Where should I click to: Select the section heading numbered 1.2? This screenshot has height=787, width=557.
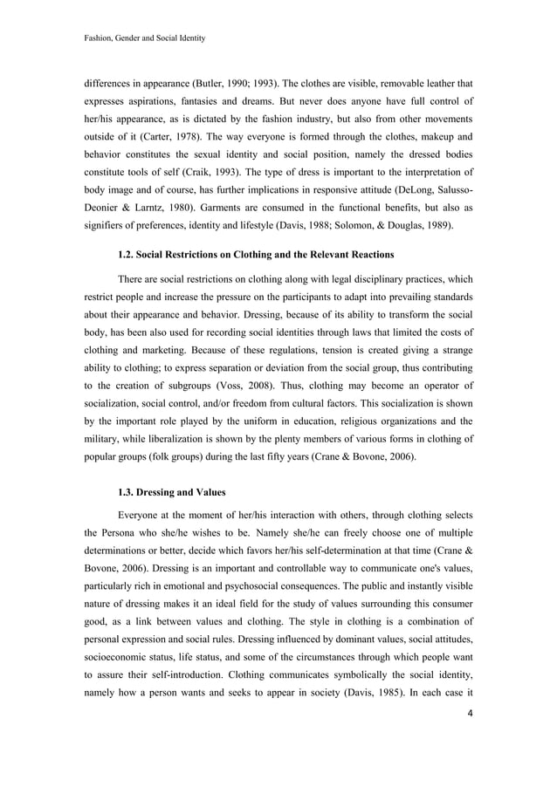pos(256,255)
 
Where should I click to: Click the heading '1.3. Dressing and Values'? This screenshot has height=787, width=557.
pos(171,492)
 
